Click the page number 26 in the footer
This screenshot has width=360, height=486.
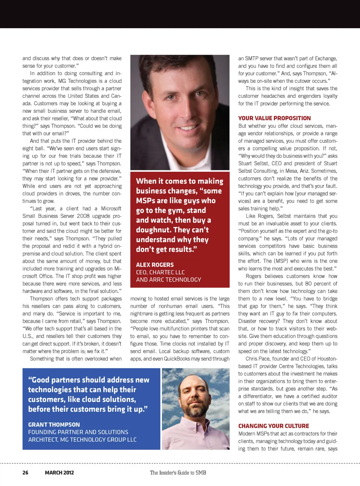tap(25, 473)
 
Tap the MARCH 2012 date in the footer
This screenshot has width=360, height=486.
tap(59, 473)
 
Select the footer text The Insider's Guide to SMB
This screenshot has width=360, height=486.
tap(178, 473)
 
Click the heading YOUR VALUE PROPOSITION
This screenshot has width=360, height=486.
tap(274, 118)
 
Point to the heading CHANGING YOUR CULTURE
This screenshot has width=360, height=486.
tap(274, 426)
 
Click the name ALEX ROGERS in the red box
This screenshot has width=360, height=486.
tap(155, 265)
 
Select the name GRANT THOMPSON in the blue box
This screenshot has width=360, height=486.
tap(54, 425)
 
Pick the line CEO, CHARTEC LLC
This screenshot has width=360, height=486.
tap(160, 272)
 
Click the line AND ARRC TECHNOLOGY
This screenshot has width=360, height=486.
tap(168, 280)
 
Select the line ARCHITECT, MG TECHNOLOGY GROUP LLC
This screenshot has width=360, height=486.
tap(82, 440)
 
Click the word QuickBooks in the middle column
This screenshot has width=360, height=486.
tap(177, 359)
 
